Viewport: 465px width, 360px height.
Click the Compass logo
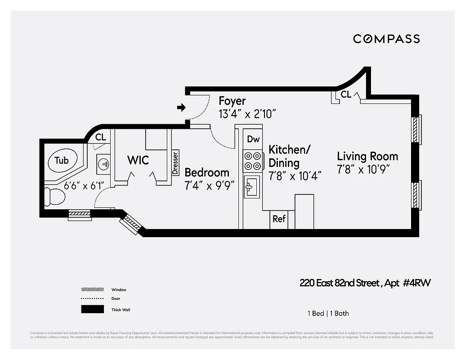(x=386, y=39)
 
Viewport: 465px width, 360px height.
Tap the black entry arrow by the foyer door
(x=182, y=108)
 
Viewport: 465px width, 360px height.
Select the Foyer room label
(x=232, y=100)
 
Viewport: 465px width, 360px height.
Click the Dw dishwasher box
(x=253, y=139)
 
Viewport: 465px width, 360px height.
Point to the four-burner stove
(x=253, y=161)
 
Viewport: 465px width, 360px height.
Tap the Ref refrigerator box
(x=279, y=219)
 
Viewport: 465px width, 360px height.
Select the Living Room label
(x=367, y=157)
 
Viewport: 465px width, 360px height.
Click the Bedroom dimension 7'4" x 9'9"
(x=210, y=185)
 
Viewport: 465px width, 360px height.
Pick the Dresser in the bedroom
(x=175, y=162)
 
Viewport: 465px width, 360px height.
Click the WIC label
(x=138, y=160)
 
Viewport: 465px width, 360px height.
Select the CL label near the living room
(x=346, y=94)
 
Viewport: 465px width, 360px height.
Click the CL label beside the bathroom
(x=101, y=137)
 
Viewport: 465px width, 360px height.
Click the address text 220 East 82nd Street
(x=340, y=283)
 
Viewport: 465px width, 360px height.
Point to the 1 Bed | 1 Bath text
(x=328, y=313)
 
